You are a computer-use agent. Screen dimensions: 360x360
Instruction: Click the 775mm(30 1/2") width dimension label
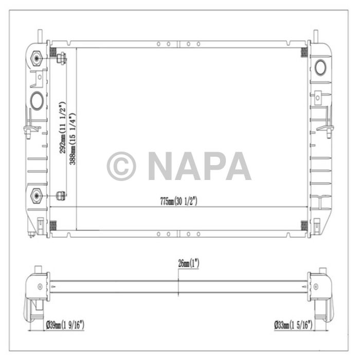click(178, 202)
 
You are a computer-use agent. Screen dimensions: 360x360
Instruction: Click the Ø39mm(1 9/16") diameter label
click(65, 325)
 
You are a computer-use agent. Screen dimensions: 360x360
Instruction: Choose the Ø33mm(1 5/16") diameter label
click(294, 325)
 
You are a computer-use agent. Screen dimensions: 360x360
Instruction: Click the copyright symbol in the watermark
click(121, 166)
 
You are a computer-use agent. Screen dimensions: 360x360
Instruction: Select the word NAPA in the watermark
click(199, 166)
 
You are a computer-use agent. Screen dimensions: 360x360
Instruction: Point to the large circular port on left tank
click(37, 99)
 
